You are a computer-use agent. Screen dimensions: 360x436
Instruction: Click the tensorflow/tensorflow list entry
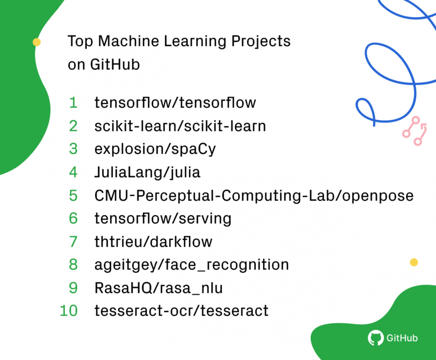pyautogui.click(x=175, y=103)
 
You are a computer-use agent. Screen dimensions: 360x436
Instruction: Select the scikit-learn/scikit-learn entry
pyautogui.click(x=180, y=126)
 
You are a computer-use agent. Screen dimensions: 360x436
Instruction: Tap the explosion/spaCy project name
pyautogui.click(x=155, y=149)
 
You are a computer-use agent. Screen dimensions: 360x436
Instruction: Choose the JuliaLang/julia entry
pyautogui.click(x=147, y=172)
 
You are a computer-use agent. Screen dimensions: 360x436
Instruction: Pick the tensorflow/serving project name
pyautogui.click(x=163, y=218)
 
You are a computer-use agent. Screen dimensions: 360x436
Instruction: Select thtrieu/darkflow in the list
pyautogui.click(x=153, y=242)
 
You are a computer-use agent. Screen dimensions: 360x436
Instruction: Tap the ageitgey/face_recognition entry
pyautogui.click(x=192, y=265)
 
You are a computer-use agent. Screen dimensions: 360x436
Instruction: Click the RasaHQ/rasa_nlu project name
pyautogui.click(x=158, y=288)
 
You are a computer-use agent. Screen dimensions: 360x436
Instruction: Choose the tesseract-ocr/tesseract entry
pyautogui.click(x=181, y=311)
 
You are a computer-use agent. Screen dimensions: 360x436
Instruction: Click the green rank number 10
pyautogui.click(x=69, y=311)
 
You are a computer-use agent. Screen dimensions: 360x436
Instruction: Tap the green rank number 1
pyautogui.click(x=73, y=103)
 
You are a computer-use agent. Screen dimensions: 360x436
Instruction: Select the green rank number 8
pyautogui.click(x=73, y=265)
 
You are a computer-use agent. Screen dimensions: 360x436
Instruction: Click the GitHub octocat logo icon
pyautogui.click(x=375, y=338)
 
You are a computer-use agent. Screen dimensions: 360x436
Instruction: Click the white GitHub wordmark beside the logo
pyautogui.click(x=402, y=338)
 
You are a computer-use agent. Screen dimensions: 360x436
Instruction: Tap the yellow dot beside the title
pyautogui.click(x=37, y=42)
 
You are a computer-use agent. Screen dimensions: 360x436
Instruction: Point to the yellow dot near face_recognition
pyautogui.click(x=414, y=262)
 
